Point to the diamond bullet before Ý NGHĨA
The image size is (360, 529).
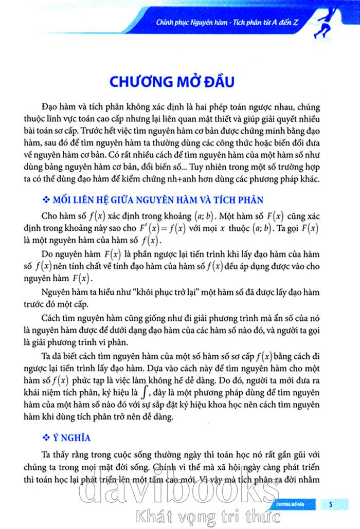coord(45,438)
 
